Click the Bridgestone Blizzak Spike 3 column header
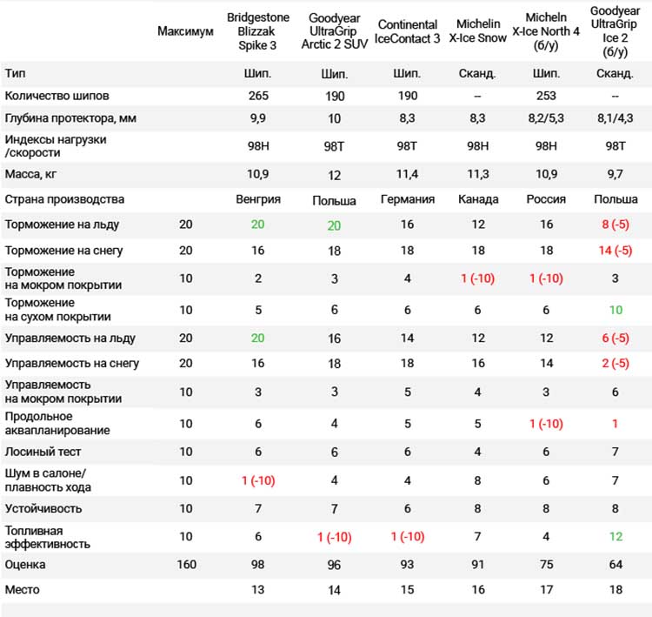click(x=258, y=31)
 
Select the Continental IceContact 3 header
click(x=407, y=31)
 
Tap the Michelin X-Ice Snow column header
click(x=478, y=30)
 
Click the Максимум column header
click(x=185, y=31)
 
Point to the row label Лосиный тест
click(x=43, y=452)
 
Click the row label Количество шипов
click(x=57, y=96)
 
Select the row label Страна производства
click(x=64, y=199)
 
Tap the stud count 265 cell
click(x=258, y=96)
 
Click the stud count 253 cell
click(x=546, y=96)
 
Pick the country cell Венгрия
click(x=258, y=199)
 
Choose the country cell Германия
click(x=408, y=199)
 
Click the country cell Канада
click(x=478, y=199)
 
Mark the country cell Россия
click(x=546, y=199)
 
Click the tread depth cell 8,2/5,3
click(x=546, y=118)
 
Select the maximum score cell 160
click(x=186, y=565)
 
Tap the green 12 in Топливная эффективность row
click(x=615, y=537)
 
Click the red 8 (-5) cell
click(x=615, y=225)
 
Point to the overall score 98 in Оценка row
click(x=258, y=565)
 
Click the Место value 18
click(x=615, y=590)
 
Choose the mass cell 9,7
click(x=615, y=174)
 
